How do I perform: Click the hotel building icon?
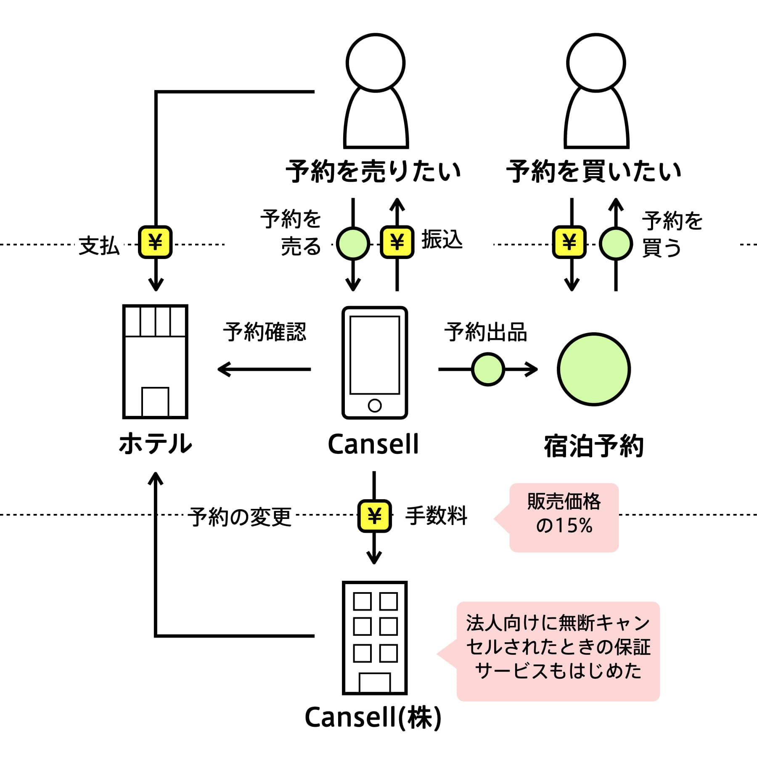click(x=155, y=362)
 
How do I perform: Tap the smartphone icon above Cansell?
click(x=375, y=363)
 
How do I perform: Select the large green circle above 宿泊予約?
click(x=594, y=369)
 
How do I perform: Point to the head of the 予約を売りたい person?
click(x=376, y=63)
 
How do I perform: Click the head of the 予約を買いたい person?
click(x=596, y=63)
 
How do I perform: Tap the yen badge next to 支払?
click(x=155, y=242)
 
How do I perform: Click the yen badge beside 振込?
click(x=397, y=242)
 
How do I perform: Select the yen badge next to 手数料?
click(x=374, y=516)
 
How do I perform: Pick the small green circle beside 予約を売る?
click(x=353, y=244)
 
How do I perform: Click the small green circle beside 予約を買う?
click(x=616, y=244)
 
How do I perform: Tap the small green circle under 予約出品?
click(x=488, y=369)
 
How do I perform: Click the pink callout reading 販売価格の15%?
click(x=564, y=517)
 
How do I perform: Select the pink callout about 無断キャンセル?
click(x=558, y=651)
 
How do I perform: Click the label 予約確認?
click(x=265, y=332)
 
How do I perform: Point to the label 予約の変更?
click(x=239, y=516)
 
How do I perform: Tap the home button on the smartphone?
click(x=375, y=405)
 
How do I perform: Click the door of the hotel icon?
click(x=155, y=402)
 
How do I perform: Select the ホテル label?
click(x=155, y=444)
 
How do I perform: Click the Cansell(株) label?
click(x=373, y=717)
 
